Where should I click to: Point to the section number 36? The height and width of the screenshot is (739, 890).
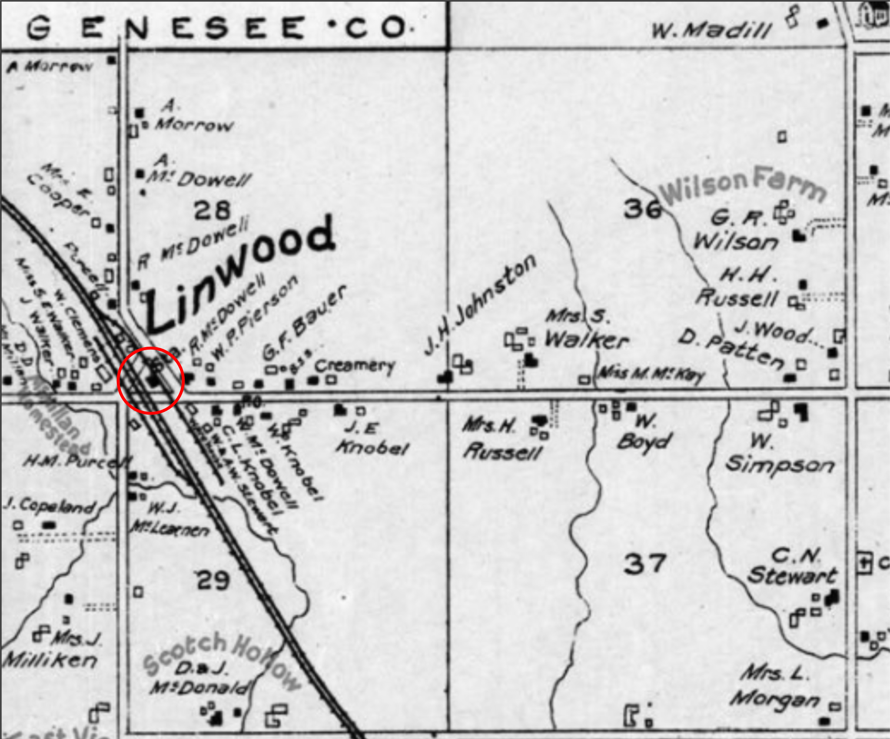coord(642,209)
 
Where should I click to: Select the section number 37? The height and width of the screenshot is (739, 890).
coord(645,564)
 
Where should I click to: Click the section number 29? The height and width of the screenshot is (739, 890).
coord(213,581)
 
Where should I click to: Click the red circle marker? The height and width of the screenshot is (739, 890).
coord(151,380)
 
